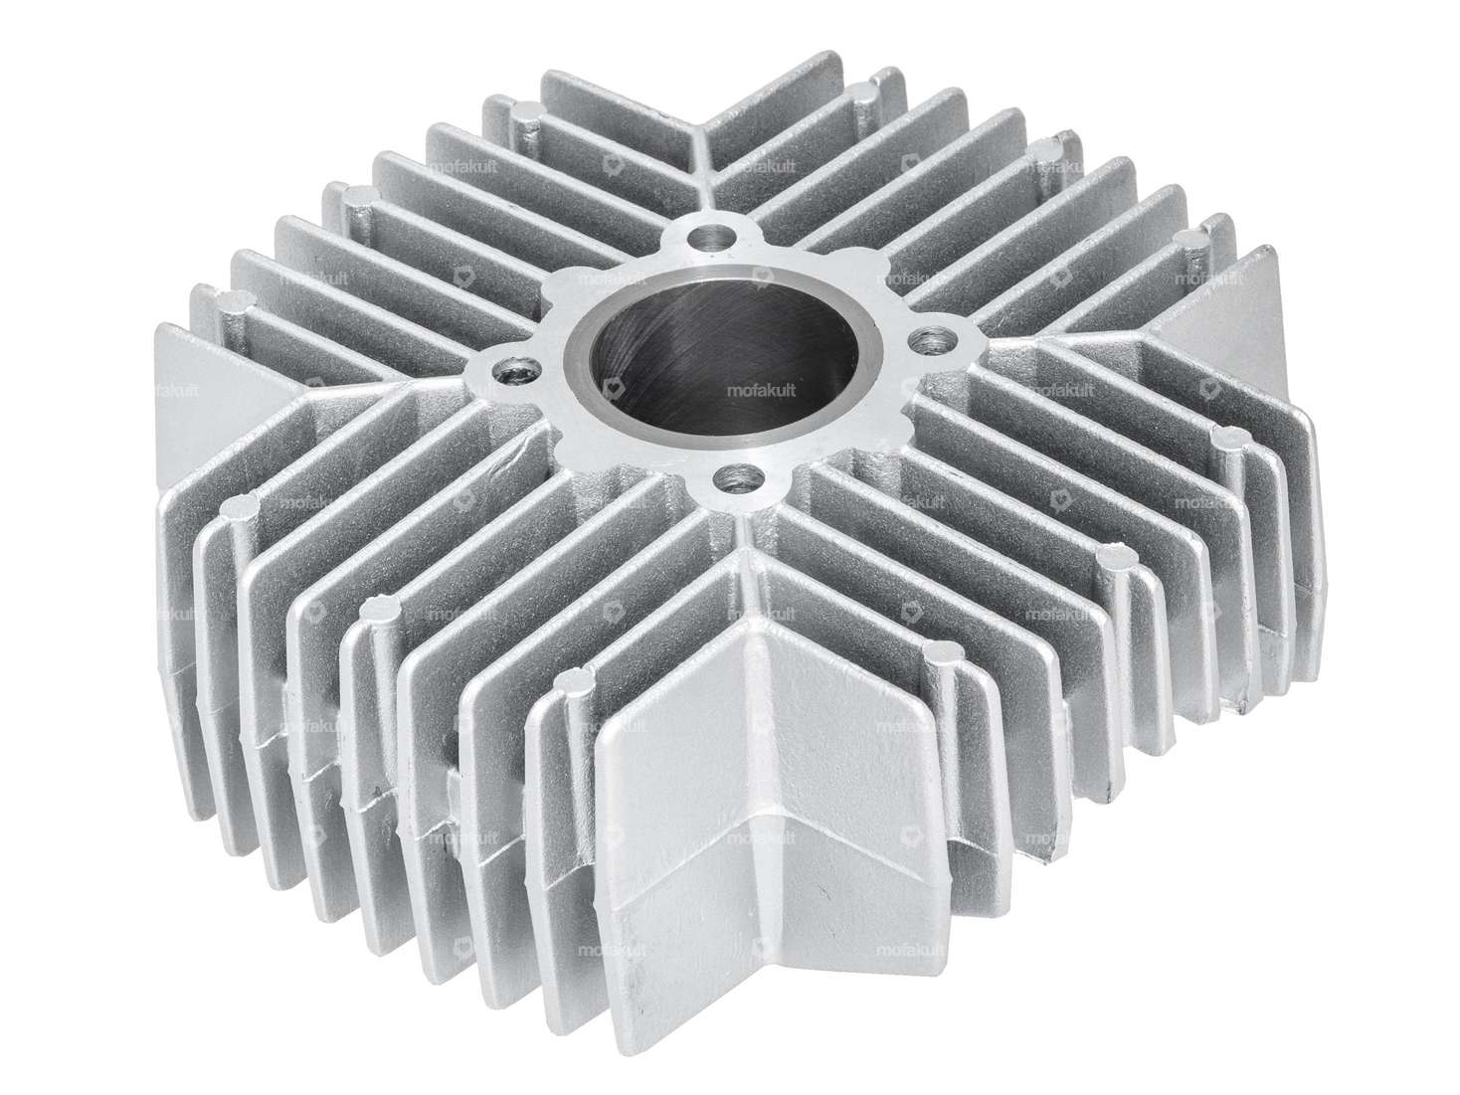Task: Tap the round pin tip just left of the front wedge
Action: coord(571,682)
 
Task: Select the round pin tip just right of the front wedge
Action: coord(939,652)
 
